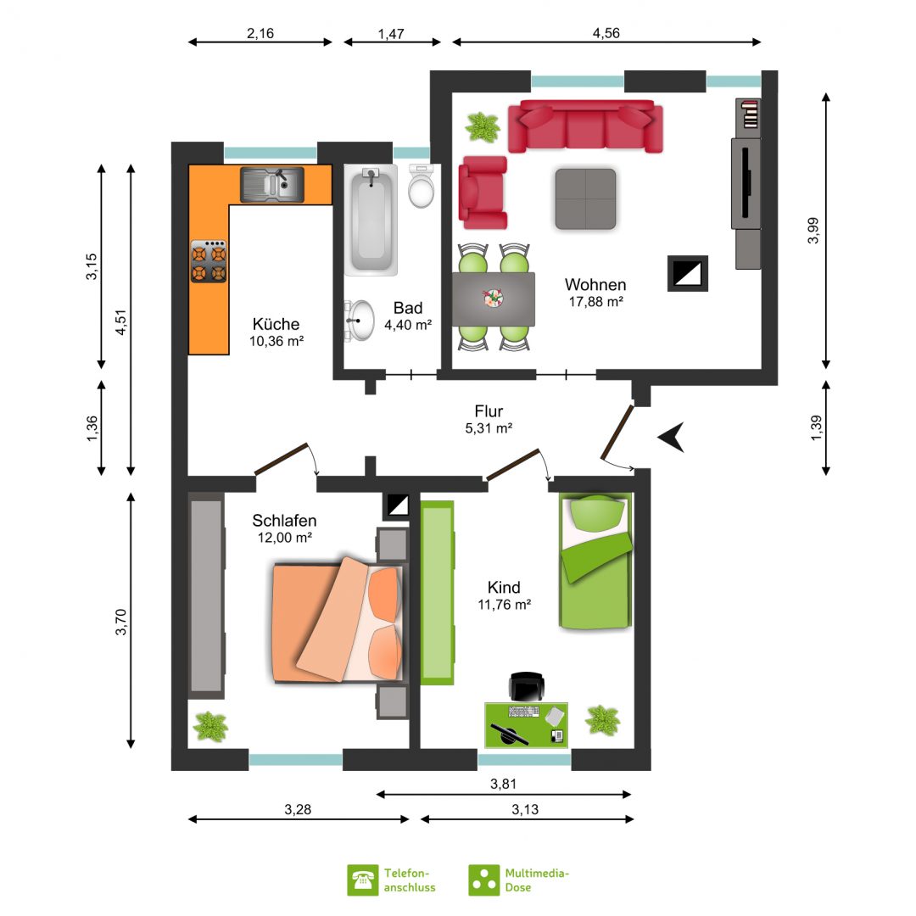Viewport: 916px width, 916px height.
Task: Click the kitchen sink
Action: tap(272, 185)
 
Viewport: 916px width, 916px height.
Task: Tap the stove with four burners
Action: tap(209, 261)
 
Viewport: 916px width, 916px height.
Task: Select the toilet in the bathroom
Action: tap(422, 186)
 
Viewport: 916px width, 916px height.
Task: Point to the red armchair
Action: tap(483, 193)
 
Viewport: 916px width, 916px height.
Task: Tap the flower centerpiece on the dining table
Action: tap(493, 299)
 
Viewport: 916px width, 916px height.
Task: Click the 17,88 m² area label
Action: tap(596, 301)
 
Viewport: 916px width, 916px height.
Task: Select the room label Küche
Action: tap(276, 324)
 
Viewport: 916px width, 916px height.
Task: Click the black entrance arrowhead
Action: tap(672, 437)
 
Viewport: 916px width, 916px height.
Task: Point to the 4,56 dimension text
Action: tap(606, 33)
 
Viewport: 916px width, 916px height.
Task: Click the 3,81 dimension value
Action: tap(504, 784)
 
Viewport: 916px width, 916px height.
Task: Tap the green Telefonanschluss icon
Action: tap(363, 880)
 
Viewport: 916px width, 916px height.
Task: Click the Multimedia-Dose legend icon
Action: tap(484, 880)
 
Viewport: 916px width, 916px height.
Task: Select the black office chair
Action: tap(527, 686)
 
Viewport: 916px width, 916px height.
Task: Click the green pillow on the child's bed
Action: tap(596, 511)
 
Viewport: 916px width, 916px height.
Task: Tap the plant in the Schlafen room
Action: tap(210, 726)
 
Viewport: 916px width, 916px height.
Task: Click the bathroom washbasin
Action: tap(360, 320)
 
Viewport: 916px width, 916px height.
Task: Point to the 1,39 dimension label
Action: tap(816, 428)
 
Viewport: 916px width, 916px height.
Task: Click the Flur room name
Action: tap(489, 411)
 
